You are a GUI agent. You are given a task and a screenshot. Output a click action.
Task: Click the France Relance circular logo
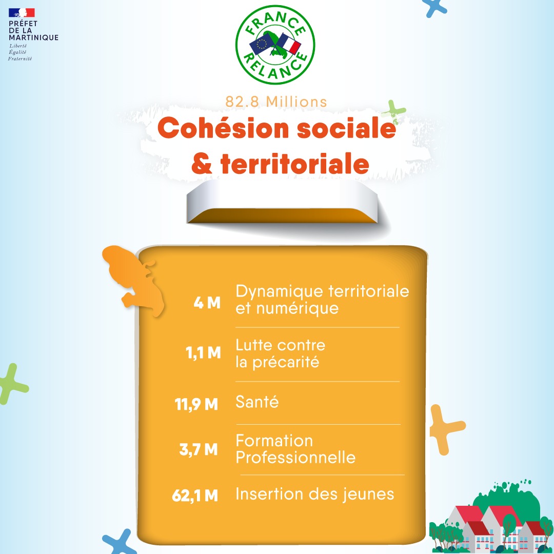(275, 45)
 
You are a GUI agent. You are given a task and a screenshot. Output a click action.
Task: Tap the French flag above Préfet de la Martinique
(22, 13)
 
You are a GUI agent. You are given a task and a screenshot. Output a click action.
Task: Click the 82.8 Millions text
(276, 102)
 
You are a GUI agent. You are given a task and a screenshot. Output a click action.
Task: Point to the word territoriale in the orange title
(294, 164)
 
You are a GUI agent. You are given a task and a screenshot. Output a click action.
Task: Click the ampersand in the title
(202, 164)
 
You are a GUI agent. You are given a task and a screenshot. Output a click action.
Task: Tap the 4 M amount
(207, 303)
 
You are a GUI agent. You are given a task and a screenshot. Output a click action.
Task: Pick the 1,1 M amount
(204, 352)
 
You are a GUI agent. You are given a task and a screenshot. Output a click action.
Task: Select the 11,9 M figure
(196, 404)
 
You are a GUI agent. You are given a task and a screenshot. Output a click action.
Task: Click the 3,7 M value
(199, 449)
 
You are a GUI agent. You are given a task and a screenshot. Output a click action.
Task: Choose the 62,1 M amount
(195, 496)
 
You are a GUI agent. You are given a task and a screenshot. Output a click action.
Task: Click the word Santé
(257, 402)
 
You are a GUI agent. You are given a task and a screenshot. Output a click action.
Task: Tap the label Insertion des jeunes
(315, 494)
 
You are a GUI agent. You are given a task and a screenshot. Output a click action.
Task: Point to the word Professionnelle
(296, 457)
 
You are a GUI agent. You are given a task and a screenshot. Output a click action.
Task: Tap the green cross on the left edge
(13, 384)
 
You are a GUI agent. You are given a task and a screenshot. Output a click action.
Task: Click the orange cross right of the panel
(446, 429)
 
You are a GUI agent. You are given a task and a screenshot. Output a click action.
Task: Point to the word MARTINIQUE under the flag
(33, 37)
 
